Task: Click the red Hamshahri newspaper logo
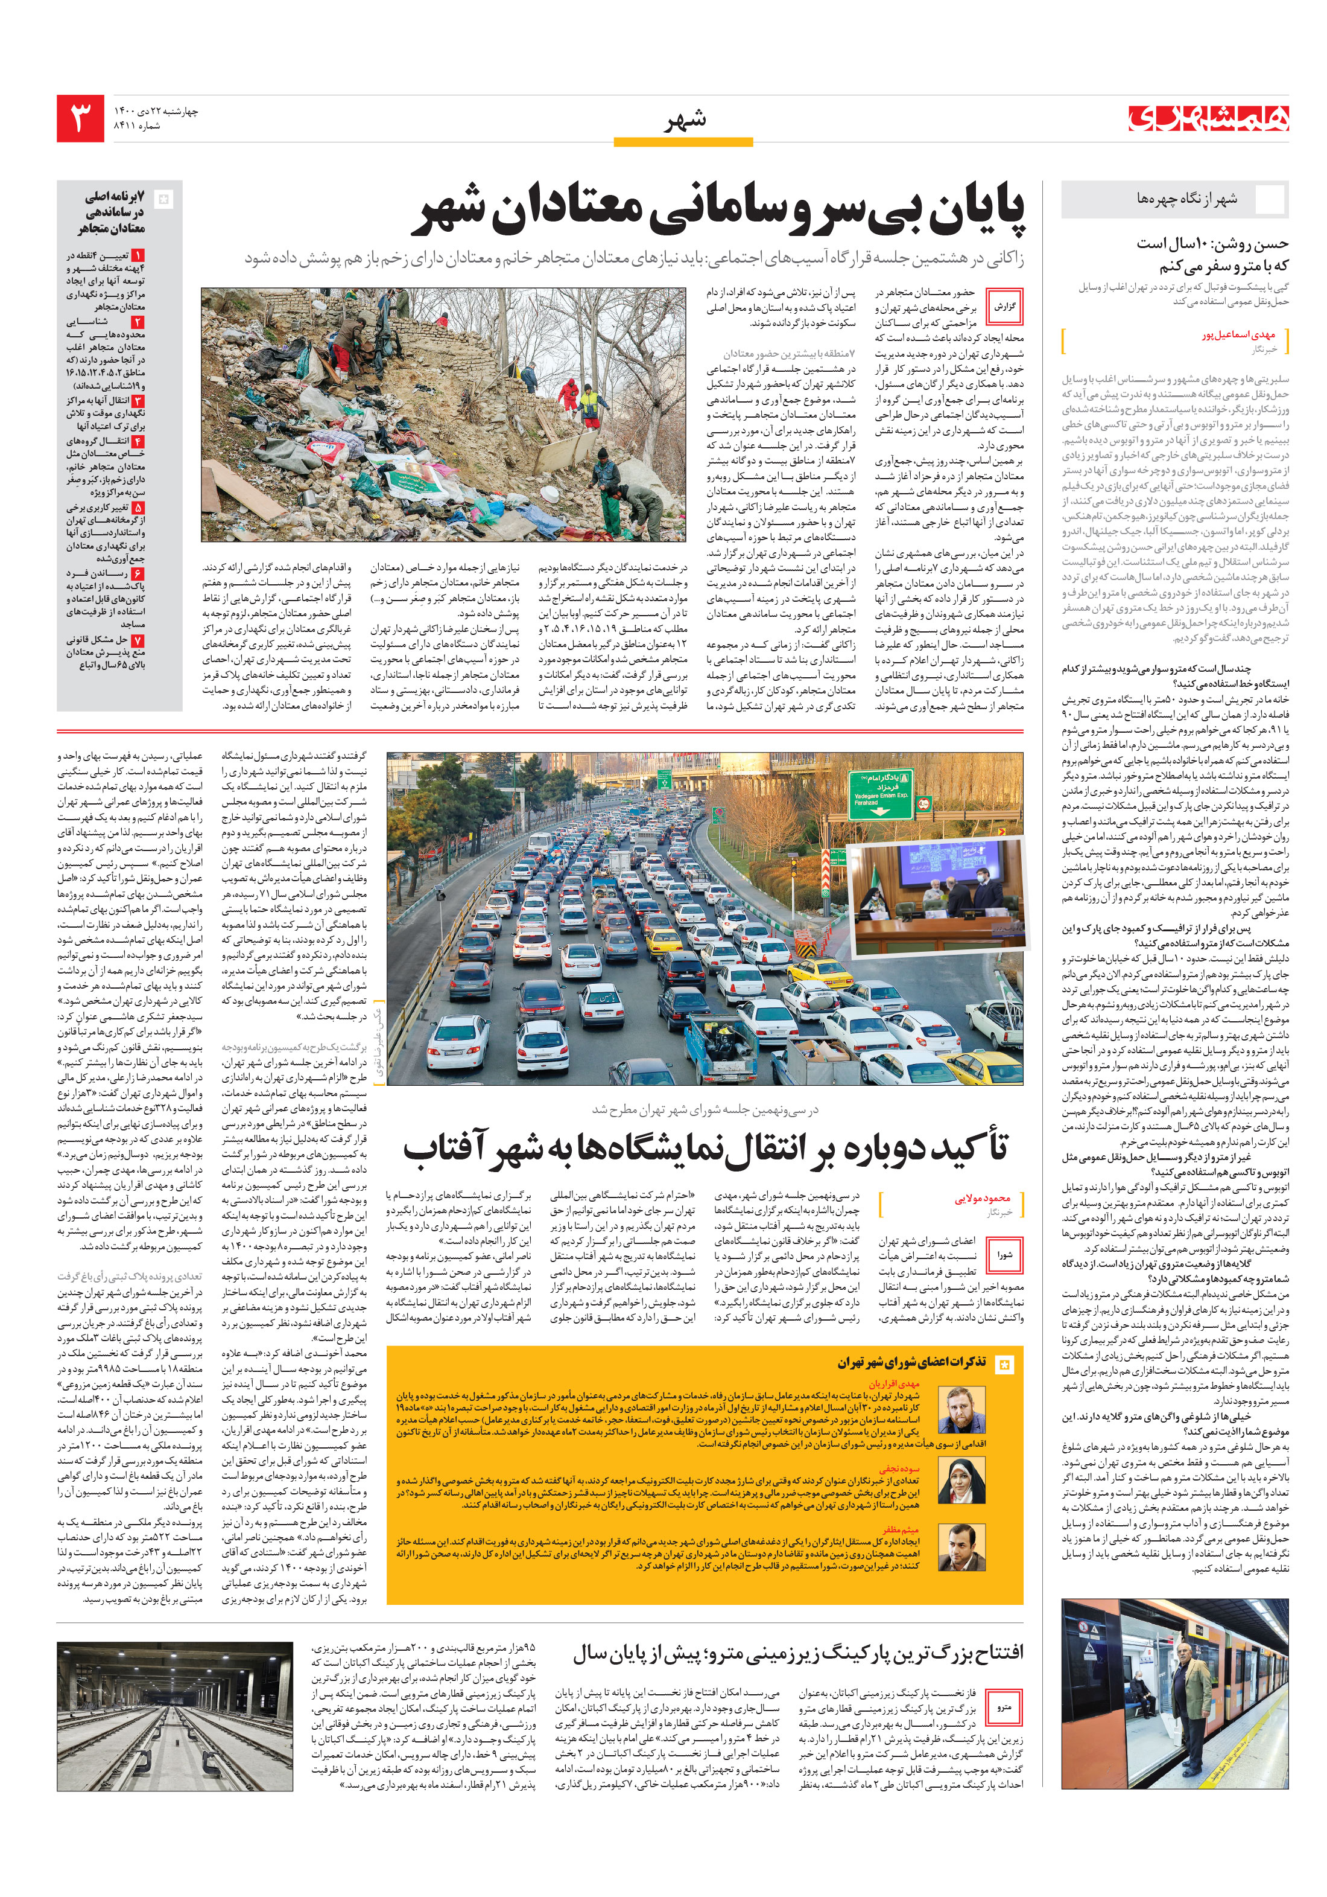point(1209,119)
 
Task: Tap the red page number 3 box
point(80,118)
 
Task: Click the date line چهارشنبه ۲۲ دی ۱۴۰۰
point(157,110)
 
